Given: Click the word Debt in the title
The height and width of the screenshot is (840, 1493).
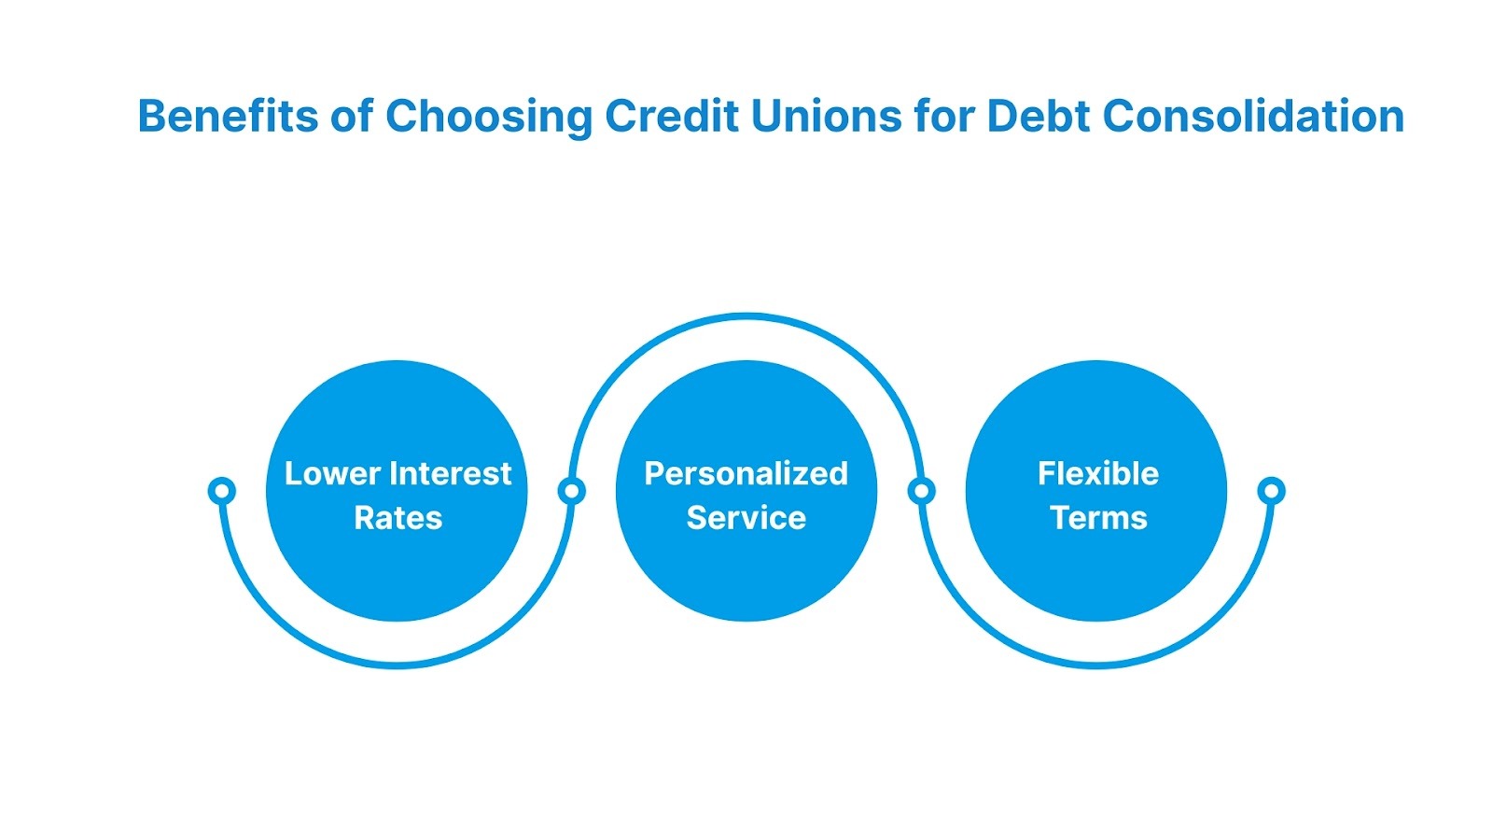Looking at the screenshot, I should coord(1039,117).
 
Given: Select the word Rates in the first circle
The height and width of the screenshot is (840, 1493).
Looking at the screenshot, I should coord(398,518).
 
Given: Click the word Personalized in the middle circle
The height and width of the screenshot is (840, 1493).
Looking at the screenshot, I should coord(746,474).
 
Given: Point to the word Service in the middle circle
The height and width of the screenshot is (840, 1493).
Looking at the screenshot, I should coord(746,518).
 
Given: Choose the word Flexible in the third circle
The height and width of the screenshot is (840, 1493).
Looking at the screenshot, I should coord(1097,474).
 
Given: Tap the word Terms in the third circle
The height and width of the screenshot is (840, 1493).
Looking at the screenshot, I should coord(1098,518).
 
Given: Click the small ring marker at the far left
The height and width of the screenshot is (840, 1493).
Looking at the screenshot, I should coord(221,490).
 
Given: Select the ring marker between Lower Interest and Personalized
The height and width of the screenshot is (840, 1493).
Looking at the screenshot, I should coord(571,490).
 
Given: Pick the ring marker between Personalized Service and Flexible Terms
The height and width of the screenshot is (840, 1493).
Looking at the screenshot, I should coord(921,490).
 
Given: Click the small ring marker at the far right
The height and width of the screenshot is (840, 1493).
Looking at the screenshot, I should coord(1271,490).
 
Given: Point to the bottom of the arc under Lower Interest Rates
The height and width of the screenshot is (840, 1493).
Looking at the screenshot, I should coord(398,664).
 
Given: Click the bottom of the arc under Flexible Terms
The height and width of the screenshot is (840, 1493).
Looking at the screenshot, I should coord(1097,664).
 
